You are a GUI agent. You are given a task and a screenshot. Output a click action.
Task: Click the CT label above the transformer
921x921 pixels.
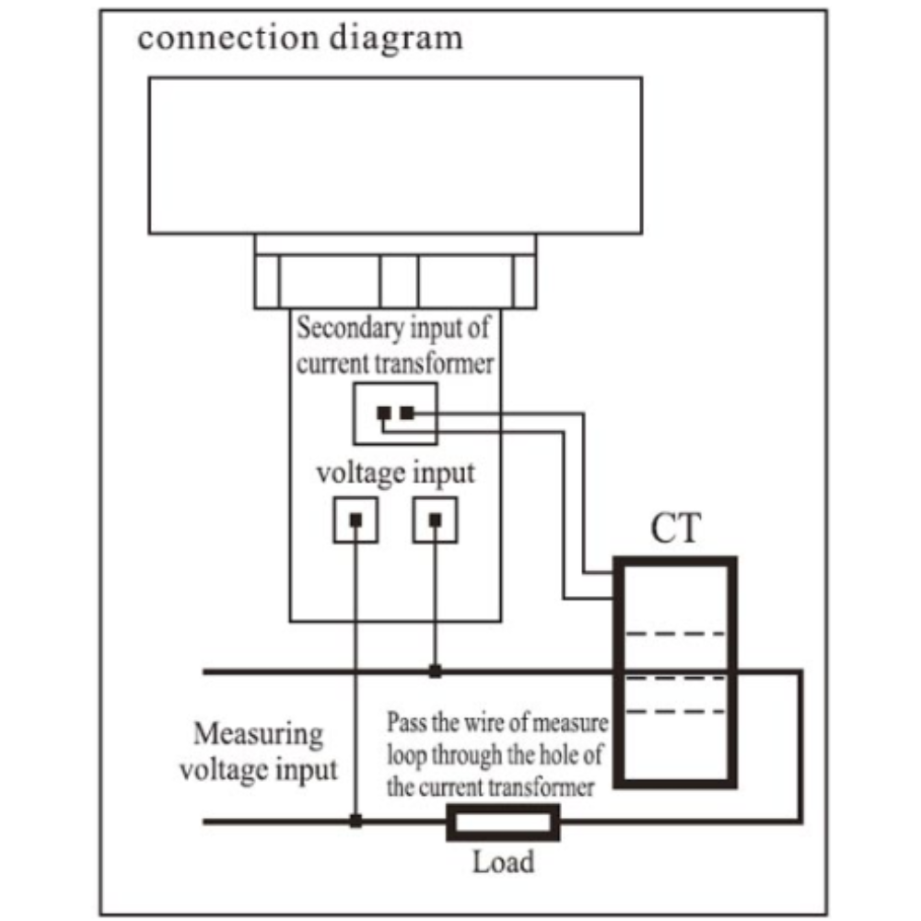click(x=675, y=528)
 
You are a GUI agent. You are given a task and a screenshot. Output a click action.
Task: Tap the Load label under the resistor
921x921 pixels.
click(x=504, y=862)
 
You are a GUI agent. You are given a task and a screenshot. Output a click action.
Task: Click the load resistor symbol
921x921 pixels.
click(x=503, y=822)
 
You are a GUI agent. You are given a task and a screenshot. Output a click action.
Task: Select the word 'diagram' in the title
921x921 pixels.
click(x=396, y=39)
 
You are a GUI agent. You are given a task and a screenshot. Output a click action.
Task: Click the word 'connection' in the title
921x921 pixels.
click(x=227, y=38)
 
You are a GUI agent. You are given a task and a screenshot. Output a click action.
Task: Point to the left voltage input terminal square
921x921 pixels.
click(x=356, y=519)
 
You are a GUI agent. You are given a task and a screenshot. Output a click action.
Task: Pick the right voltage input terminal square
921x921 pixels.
click(x=436, y=519)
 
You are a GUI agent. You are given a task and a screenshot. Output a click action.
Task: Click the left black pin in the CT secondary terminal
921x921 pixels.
click(x=383, y=413)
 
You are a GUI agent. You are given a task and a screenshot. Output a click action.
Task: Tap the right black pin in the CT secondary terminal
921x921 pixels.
click(x=407, y=413)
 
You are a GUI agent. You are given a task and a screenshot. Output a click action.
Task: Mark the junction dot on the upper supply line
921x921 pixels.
click(x=435, y=670)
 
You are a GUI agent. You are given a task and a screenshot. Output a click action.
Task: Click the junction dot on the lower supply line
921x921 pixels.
click(x=356, y=821)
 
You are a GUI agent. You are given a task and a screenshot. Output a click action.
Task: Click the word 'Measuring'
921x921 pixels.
click(x=259, y=735)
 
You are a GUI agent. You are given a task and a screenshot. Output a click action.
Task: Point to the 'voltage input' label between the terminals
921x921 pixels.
click(x=395, y=474)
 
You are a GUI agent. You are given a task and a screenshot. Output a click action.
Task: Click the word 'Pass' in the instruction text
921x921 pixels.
click(x=406, y=722)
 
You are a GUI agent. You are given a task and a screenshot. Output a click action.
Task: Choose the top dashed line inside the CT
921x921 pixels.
click(x=675, y=634)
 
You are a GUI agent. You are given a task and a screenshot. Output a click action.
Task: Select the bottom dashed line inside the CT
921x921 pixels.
click(x=675, y=711)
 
